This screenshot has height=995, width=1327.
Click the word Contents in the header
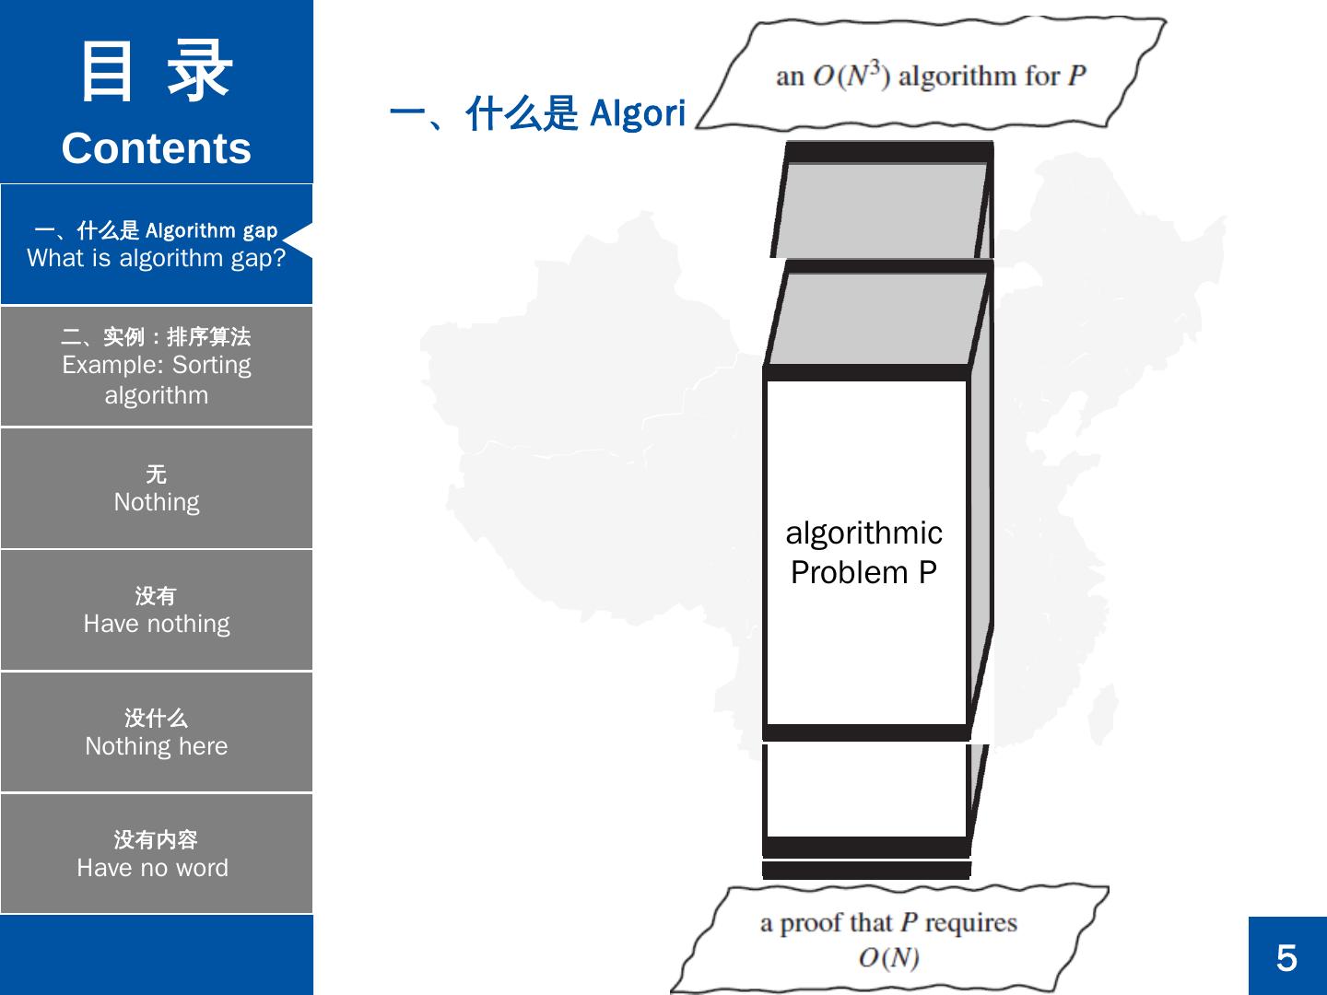point(157,149)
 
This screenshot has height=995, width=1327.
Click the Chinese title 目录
point(157,72)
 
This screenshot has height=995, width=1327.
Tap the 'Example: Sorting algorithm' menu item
point(157,367)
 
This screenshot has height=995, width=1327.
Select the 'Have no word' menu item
point(153,868)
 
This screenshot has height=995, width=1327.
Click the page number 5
point(1286,958)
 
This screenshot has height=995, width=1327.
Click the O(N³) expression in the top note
point(851,75)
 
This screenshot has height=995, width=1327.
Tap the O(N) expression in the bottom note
point(888,958)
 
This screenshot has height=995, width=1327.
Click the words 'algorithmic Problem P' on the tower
point(864,553)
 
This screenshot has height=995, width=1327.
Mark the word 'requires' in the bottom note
point(970,923)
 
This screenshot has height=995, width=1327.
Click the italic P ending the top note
point(1077,76)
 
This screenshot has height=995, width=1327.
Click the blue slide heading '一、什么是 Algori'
point(537,114)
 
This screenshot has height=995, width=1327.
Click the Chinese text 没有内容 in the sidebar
point(156,839)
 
